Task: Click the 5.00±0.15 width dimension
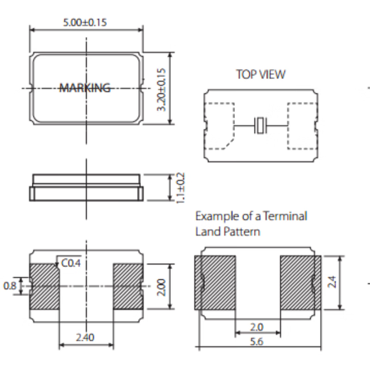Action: (x=85, y=22)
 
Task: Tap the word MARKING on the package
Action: (x=85, y=88)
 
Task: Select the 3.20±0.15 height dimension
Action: (x=162, y=89)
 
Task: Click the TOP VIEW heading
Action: (x=260, y=74)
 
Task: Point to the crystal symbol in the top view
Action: (x=261, y=127)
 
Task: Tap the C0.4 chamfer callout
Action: (x=70, y=264)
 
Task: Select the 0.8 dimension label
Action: (x=10, y=286)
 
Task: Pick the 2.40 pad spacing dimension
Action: (x=85, y=337)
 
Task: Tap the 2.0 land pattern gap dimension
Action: (x=258, y=327)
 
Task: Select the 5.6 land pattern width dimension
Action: (x=258, y=342)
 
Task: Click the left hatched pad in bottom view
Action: (x=44, y=286)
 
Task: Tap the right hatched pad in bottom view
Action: (x=128, y=286)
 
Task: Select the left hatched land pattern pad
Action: (x=215, y=282)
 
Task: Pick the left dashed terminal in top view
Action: (x=219, y=126)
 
